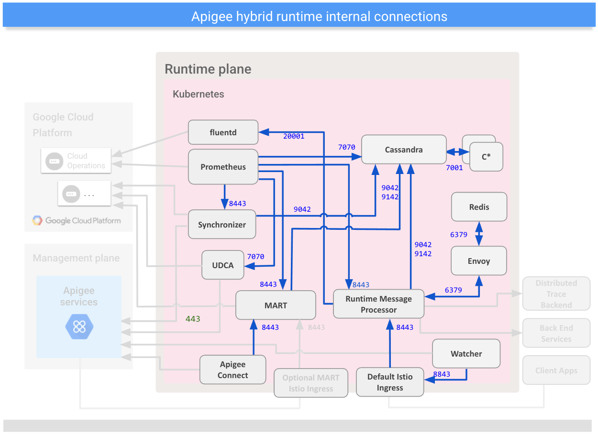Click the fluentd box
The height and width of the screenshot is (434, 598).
tap(223, 132)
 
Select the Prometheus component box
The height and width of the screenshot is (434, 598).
tap(223, 167)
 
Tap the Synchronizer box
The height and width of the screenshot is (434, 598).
tap(222, 225)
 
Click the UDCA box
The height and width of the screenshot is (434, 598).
tap(223, 265)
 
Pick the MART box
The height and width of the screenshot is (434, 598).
tap(276, 305)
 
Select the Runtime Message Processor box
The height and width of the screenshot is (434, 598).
tap(378, 304)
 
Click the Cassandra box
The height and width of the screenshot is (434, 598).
tap(403, 150)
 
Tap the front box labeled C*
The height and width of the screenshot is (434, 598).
tap(486, 156)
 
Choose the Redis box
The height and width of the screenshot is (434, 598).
tap(479, 207)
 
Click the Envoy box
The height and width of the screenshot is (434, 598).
tap(479, 261)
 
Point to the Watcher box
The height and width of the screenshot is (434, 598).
tap(466, 354)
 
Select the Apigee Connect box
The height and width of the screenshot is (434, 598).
tap(233, 369)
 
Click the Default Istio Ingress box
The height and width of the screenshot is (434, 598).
tap(390, 382)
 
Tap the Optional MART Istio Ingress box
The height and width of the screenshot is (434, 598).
tap(310, 383)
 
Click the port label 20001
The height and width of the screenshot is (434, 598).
tap(294, 136)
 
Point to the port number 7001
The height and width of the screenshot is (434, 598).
tap(454, 168)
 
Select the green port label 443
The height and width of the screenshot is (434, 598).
tap(193, 319)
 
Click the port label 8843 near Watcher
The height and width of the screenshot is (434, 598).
tap(442, 374)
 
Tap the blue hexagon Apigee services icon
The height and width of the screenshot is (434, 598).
tap(79, 327)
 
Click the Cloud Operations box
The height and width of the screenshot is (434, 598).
tap(77, 161)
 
